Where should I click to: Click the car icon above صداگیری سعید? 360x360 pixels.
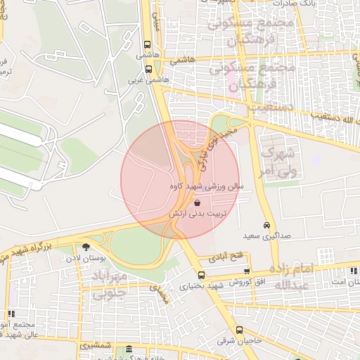tap(266, 225)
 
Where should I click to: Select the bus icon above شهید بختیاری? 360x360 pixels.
tap(202, 276)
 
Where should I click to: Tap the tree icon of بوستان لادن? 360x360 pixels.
tap(86, 247)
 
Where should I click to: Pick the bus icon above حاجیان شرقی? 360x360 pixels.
tap(239, 330)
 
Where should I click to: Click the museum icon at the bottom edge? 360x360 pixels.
tap(129, 349)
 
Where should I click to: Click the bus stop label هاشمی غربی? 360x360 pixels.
tap(148, 81)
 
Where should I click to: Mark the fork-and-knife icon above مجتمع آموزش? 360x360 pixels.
tap(11, 313)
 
